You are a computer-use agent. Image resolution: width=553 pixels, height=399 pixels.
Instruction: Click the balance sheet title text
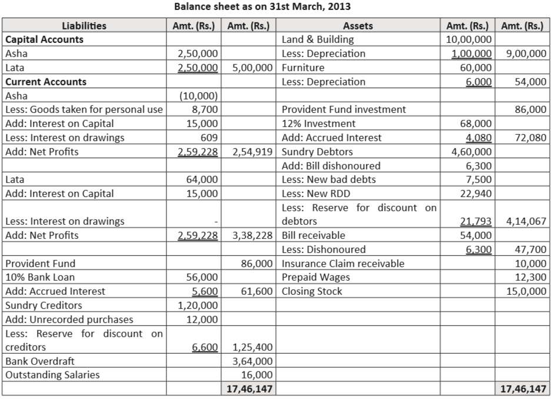276,7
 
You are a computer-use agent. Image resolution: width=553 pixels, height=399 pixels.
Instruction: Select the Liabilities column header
84,25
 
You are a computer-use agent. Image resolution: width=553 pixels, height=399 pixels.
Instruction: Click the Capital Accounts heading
44,39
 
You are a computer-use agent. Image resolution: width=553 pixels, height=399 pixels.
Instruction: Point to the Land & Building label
318,39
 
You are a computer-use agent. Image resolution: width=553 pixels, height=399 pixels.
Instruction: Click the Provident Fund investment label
344,109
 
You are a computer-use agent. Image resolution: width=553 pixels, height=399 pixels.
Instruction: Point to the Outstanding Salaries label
52,375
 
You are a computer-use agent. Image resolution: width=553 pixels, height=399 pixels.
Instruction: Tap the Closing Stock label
312,291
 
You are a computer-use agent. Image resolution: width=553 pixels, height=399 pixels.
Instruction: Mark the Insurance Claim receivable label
343,263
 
